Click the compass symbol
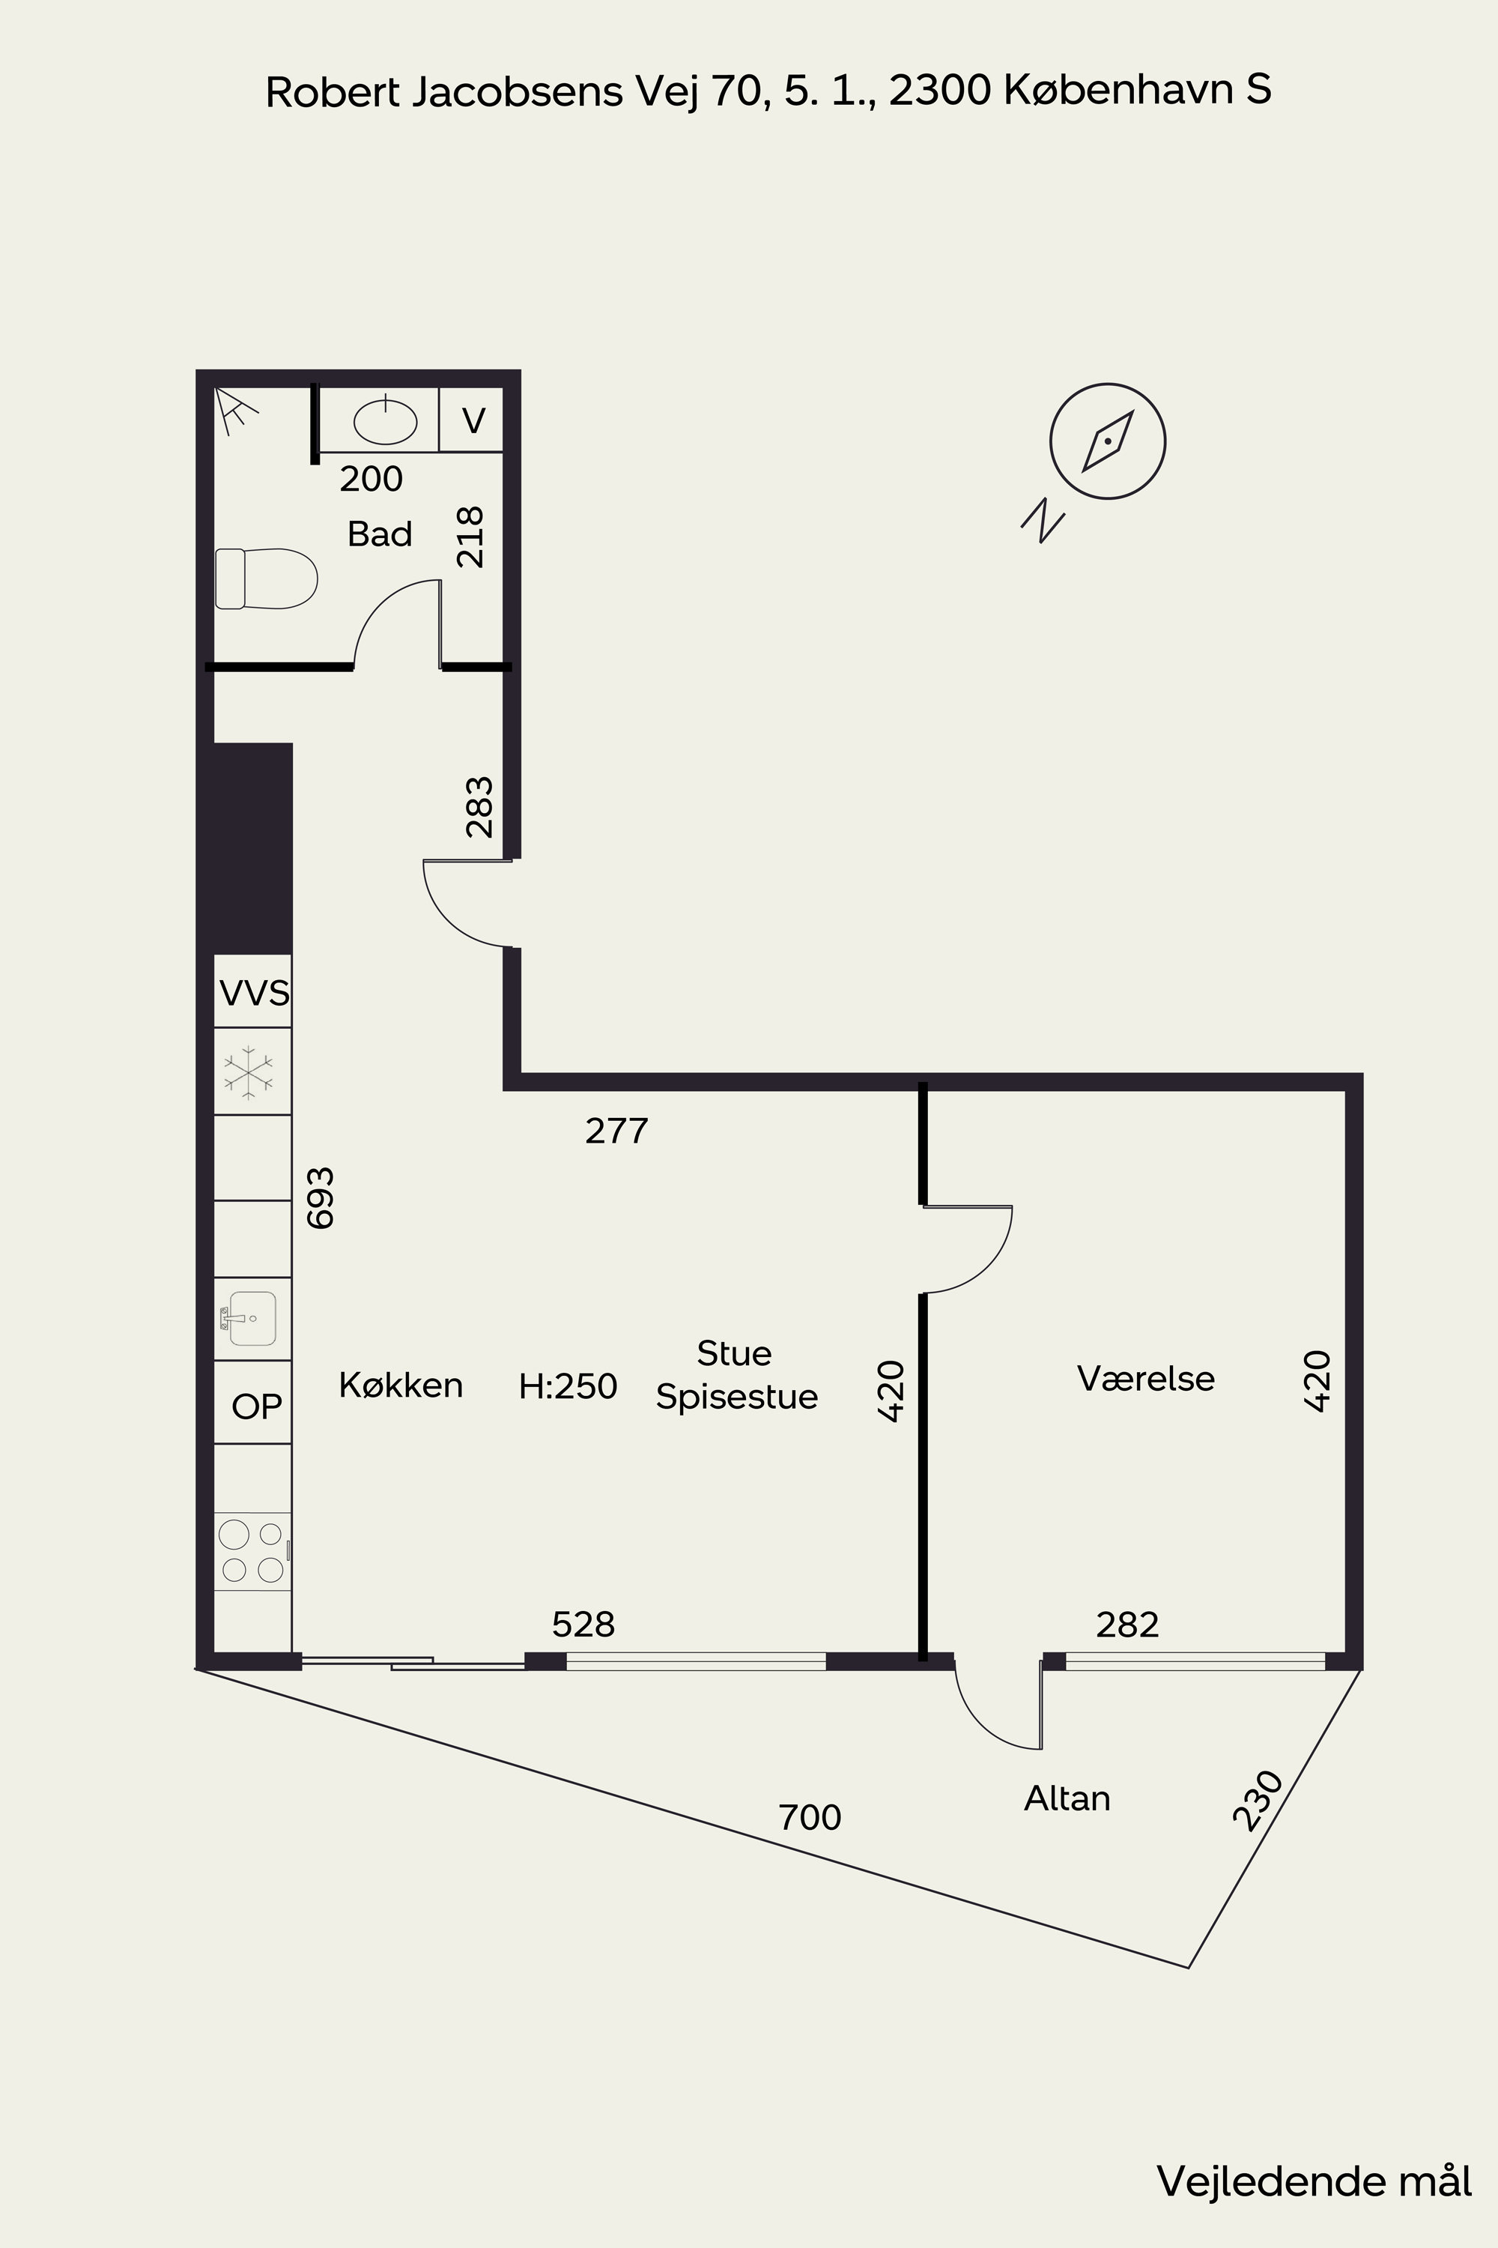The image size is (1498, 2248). (1107, 441)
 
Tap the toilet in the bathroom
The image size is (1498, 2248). (266, 578)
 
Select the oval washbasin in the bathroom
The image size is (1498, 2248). (386, 420)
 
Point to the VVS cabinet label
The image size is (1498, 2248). (254, 993)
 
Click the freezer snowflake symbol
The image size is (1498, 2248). (249, 1072)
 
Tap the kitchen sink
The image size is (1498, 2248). (249, 1318)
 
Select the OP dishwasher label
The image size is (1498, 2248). (257, 1406)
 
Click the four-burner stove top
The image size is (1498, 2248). (252, 1551)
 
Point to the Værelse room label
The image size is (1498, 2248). (1145, 1378)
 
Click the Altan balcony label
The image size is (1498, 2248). (1067, 1799)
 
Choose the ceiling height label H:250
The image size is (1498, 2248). (568, 1386)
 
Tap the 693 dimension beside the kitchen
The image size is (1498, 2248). (320, 1197)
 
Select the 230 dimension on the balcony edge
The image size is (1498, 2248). (1258, 1801)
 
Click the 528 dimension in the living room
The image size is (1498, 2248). (583, 1624)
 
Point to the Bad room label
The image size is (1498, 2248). (379, 534)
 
